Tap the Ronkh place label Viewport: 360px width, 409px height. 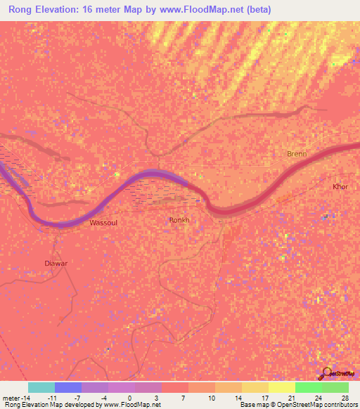tap(180, 220)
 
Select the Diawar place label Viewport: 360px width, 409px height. tap(56, 264)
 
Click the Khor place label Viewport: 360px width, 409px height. tap(340, 187)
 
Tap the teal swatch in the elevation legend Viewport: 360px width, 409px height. tap(41, 387)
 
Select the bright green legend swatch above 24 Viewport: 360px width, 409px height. tap(309, 387)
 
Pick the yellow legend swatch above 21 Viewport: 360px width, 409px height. tap(282, 387)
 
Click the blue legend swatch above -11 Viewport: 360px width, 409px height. tap(68, 387)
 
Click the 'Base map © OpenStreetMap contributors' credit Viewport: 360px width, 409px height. tap(298, 405)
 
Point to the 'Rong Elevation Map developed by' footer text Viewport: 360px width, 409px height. tap(53, 405)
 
